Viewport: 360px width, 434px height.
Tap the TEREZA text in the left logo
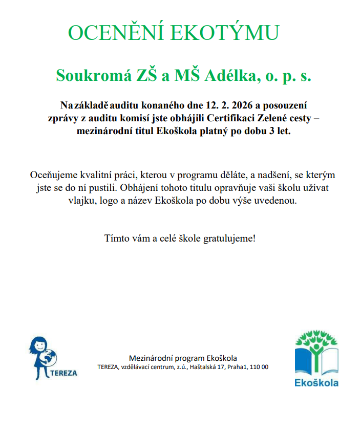(x=65, y=373)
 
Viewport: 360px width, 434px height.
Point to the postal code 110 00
(x=259, y=367)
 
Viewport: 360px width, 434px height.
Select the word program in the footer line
(x=190, y=358)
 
